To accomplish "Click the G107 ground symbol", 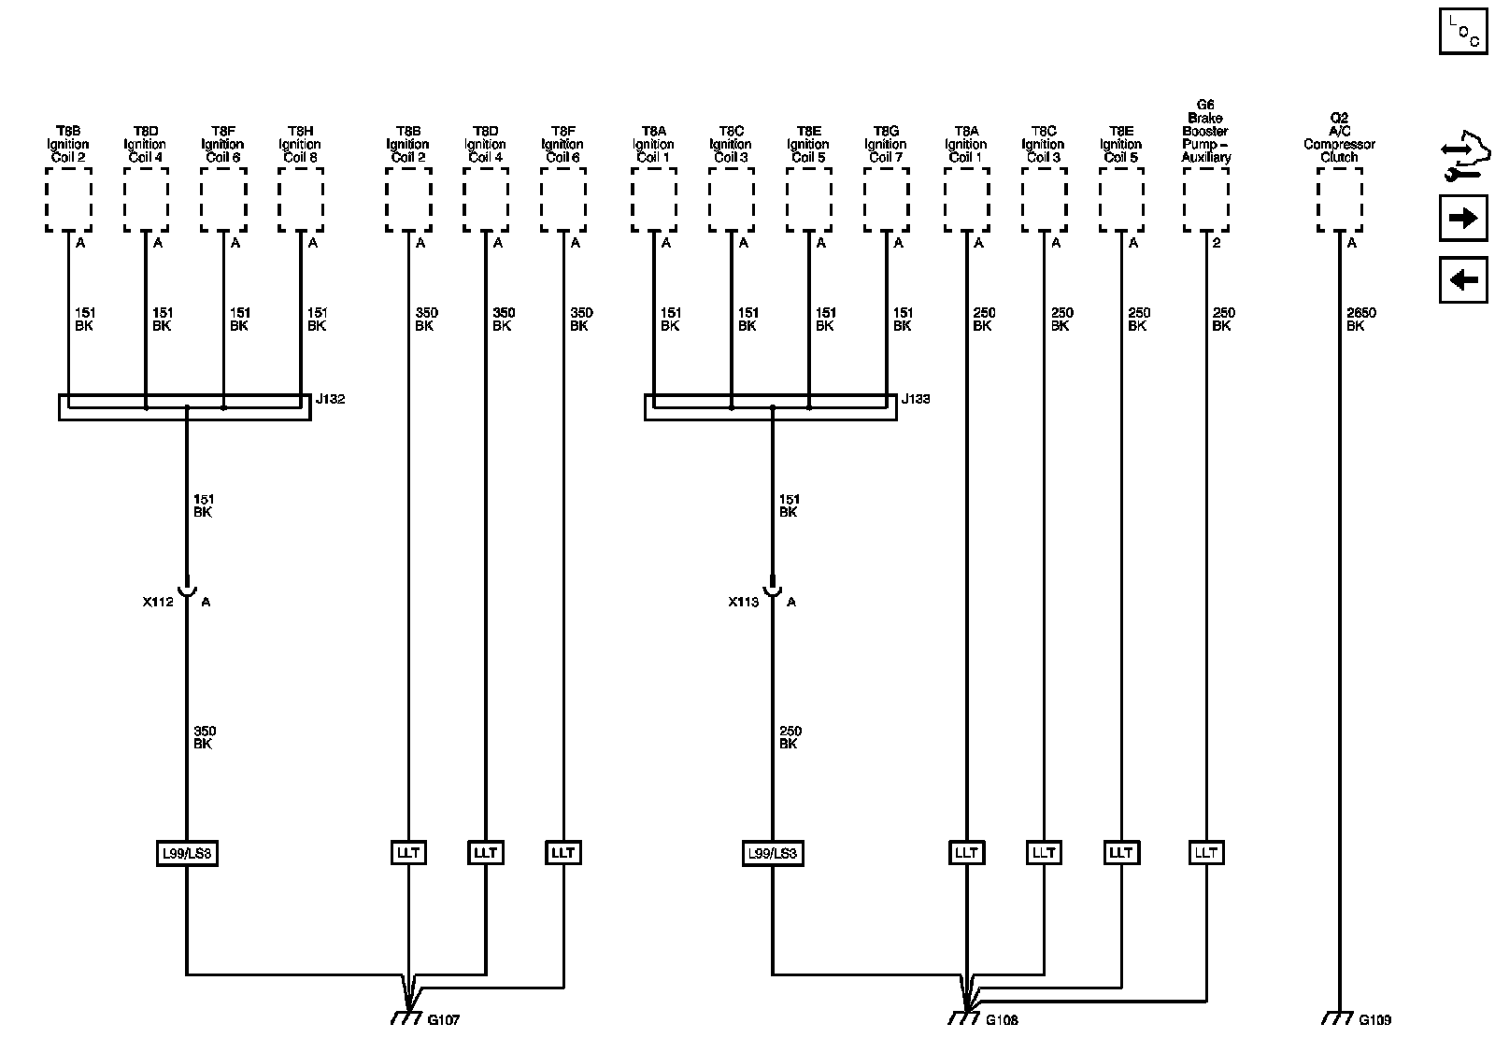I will tap(405, 1017).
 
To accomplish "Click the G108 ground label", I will tap(1002, 1020).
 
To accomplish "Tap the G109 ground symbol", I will tap(1338, 1017).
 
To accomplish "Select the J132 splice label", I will tap(330, 399).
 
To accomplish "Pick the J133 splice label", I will tap(916, 399).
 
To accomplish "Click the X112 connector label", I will tap(158, 603).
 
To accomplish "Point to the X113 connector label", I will tap(744, 603).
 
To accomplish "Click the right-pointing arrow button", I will tap(1462, 219).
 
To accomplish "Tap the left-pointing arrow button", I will tap(1462, 279).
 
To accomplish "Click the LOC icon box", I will tap(1462, 31).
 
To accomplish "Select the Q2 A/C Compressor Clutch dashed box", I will tap(1339, 206).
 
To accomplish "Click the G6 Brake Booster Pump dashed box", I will tap(1205, 206).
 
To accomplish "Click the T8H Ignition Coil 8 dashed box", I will tap(301, 206).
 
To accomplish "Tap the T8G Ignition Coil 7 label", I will tap(885, 144).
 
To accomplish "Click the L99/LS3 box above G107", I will tap(187, 853).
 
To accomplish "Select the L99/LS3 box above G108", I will tap(773, 853).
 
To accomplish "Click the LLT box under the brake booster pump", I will tap(1205, 853).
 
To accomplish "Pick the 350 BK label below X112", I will tap(204, 737).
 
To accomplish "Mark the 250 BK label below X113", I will tap(790, 737).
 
